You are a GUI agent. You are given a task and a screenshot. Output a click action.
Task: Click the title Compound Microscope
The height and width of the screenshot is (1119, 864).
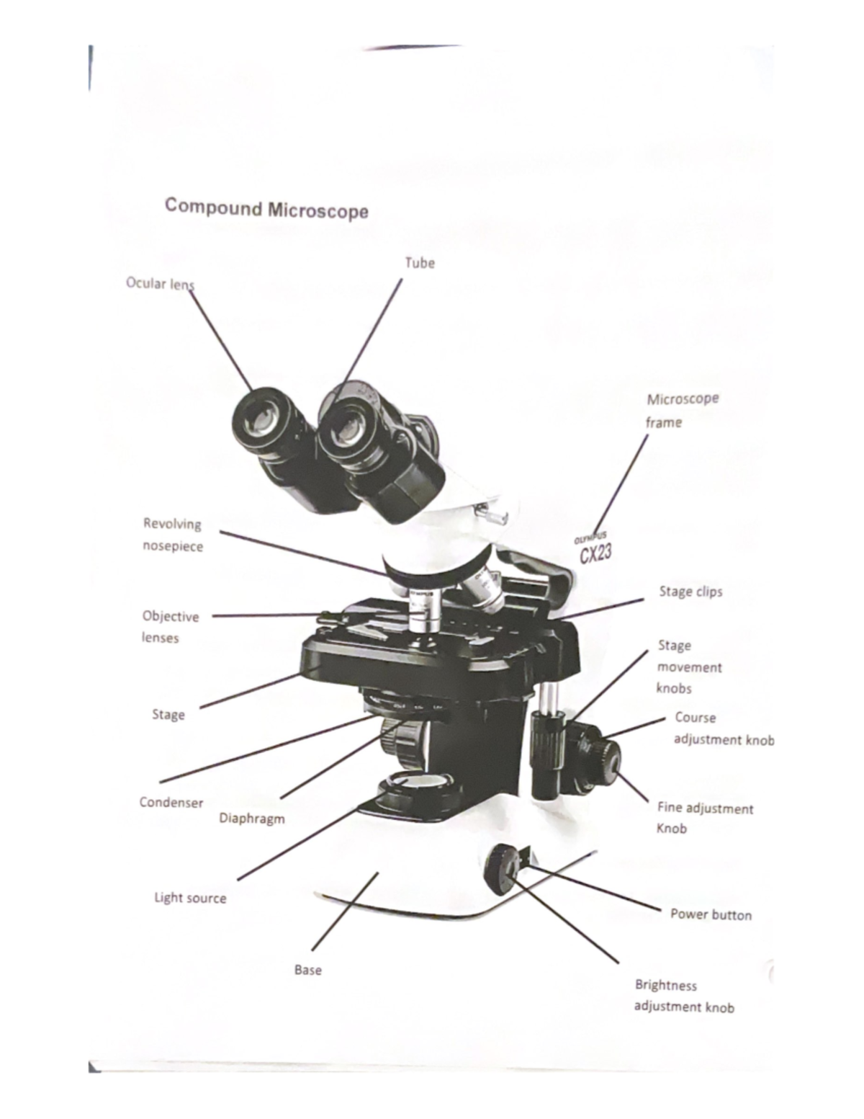(266, 209)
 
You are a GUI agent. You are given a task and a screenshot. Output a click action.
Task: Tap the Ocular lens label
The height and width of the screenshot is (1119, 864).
(160, 283)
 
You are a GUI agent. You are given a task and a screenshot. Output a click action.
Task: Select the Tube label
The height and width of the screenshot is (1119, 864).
(420, 263)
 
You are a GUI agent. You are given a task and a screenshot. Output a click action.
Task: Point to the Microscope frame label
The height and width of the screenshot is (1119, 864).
(681, 410)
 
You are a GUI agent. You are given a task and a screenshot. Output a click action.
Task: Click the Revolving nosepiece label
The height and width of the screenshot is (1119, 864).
(173, 535)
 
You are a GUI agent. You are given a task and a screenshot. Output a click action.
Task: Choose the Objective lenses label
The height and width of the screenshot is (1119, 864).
(170, 626)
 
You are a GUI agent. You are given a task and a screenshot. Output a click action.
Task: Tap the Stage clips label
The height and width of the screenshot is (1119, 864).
(690, 592)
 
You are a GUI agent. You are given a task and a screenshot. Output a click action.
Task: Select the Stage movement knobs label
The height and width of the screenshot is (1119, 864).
(688, 667)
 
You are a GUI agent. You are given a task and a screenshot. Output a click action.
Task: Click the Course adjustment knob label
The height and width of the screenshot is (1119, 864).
(723, 728)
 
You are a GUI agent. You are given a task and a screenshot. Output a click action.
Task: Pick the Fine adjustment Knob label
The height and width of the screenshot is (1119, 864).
(704, 818)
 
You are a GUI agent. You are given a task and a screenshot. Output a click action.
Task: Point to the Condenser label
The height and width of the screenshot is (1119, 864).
(171, 803)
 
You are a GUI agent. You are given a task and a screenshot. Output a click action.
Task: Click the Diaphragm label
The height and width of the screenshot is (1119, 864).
(251, 819)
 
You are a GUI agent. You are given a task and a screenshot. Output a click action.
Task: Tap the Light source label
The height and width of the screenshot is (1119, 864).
(190, 898)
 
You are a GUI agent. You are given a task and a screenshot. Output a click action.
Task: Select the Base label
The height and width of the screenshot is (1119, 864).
(307, 970)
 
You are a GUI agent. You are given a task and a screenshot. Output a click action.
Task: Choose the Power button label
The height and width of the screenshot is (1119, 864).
(711, 914)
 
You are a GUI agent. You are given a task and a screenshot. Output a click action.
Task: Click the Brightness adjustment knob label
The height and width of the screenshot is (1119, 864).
(683, 996)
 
